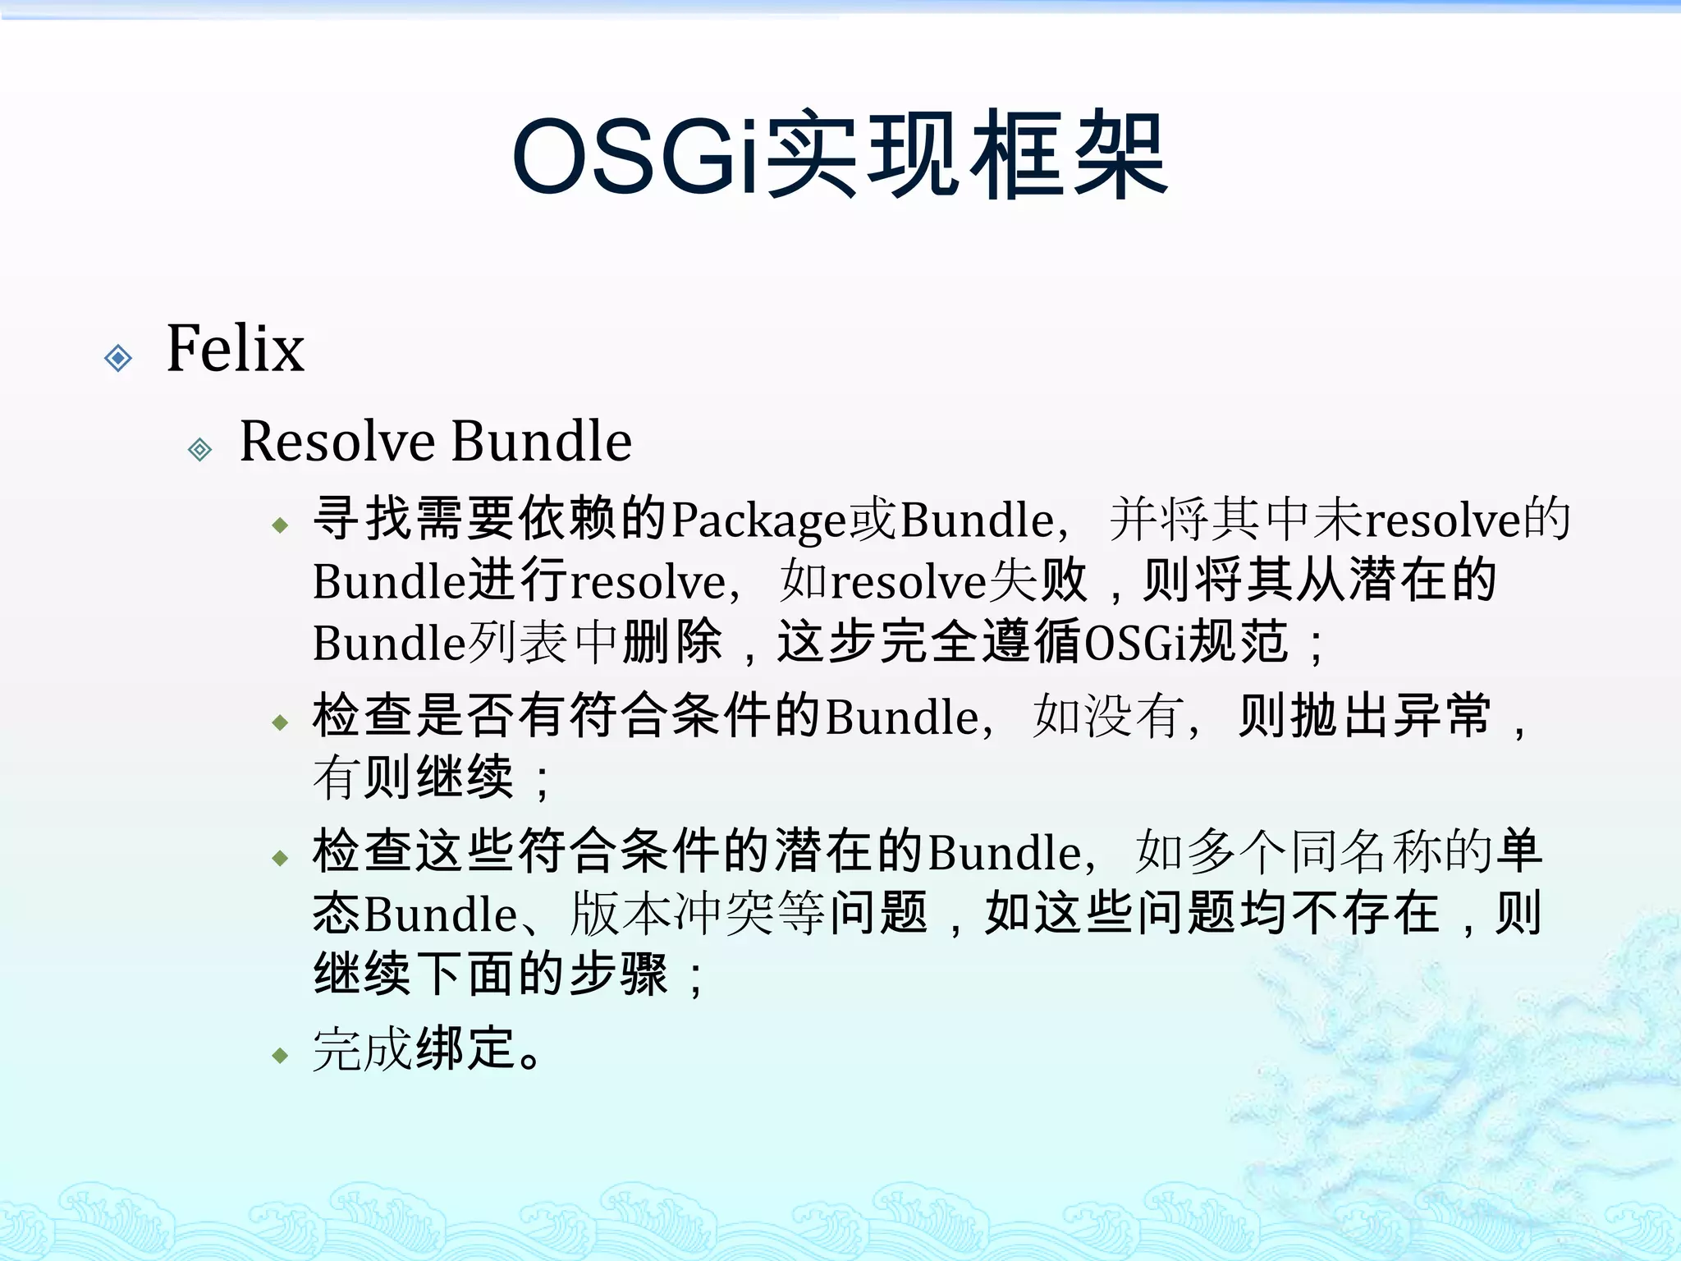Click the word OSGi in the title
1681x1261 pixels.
click(x=636, y=156)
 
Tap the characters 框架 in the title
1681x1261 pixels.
click(x=1067, y=156)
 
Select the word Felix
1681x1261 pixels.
click(x=236, y=348)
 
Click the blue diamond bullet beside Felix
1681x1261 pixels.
click(x=119, y=358)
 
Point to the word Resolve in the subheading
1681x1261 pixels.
click(x=337, y=441)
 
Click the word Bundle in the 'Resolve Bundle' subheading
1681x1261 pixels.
click(x=542, y=441)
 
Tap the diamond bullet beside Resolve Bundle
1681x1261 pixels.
click(x=199, y=449)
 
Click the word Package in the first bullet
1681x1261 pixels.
click(x=758, y=520)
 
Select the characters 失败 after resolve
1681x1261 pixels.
click(x=1037, y=581)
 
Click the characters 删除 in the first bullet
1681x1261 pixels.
click(x=671, y=642)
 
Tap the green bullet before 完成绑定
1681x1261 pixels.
click(x=281, y=1055)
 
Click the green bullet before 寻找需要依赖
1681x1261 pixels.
click(x=281, y=525)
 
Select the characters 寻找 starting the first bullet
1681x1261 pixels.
click(x=364, y=520)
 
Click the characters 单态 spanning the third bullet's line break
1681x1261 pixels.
click(x=1518, y=851)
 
